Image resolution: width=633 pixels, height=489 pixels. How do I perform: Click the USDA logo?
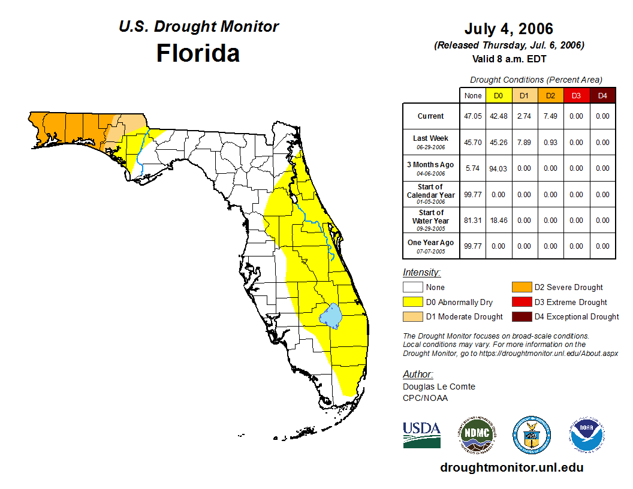click(x=421, y=434)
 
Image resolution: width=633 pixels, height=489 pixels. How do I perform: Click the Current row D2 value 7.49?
click(x=550, y=116)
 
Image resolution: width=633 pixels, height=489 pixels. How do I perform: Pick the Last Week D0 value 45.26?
click(x=498, y=143)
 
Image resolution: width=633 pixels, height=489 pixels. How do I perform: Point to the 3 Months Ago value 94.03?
click(x=498, y=168)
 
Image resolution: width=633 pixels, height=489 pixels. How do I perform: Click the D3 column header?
click(x=576, y=95)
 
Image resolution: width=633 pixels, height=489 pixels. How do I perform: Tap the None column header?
click(x=472, y=95)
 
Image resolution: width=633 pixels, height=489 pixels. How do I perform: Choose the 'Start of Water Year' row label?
click(x=431, y=217)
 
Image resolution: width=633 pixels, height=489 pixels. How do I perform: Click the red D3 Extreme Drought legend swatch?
click(x=522, y=302)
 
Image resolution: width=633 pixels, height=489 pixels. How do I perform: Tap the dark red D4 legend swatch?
click(x=522, y=316)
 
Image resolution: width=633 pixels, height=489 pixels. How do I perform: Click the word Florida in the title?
click(x=198, y=53)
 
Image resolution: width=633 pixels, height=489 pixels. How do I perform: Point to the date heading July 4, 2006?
click(x=508, y=29)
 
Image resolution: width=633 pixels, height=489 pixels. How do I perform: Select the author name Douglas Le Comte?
click(x=439, y=387)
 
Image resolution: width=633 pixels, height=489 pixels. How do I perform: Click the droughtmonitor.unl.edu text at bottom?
click(x=511, y=467)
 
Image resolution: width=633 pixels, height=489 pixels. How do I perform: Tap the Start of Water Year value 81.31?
click(x=472, y=221)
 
